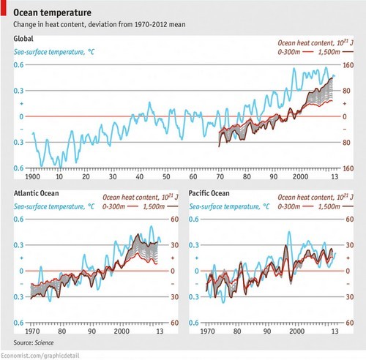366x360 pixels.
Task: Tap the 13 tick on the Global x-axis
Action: (334, 177)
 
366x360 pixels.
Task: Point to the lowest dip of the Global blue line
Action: (42, 165)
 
